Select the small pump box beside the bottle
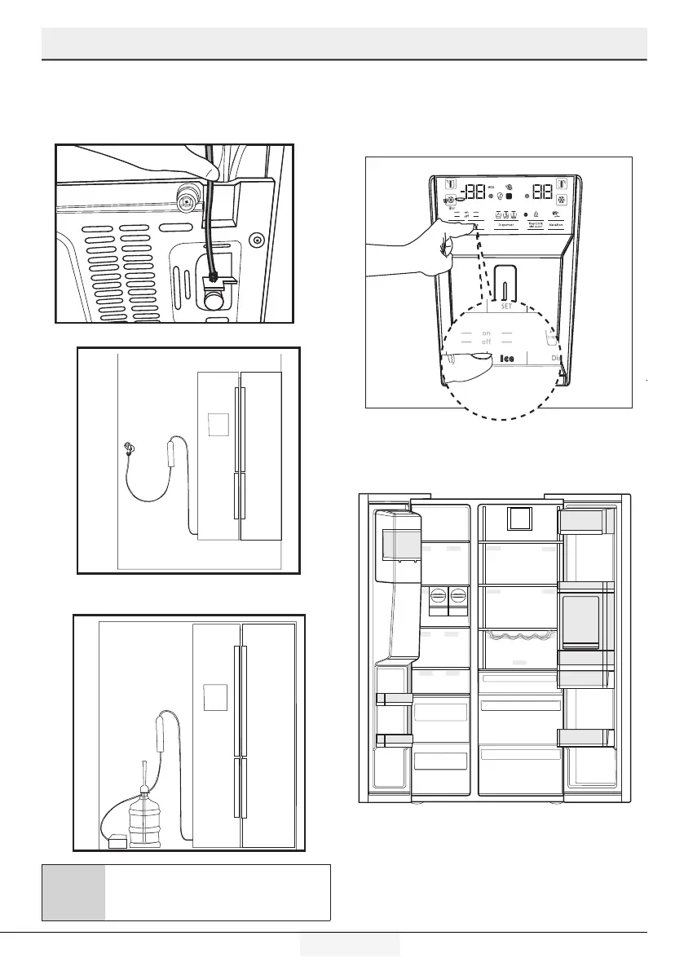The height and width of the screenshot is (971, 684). tap(118, 842)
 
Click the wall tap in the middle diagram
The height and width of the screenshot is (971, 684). tap(129, 448)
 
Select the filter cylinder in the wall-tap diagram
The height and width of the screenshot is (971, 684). tap(172, 451)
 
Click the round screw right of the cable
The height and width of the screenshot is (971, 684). tap(258, 240)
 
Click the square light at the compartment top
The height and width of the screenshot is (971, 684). tap(518, 519)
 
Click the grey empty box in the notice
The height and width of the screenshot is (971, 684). tap(73, 892)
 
